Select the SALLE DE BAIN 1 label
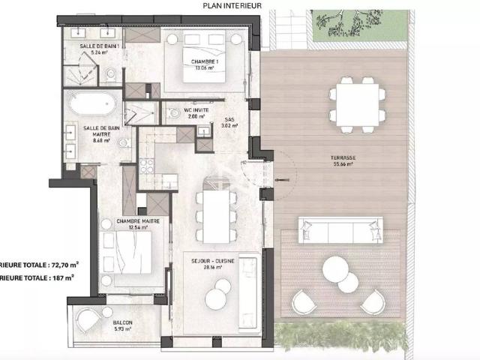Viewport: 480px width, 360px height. [99, 46]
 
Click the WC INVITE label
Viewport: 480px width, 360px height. [196, 110]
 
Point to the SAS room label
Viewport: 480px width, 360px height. [229, 118]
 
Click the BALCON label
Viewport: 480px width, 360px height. [124, 323]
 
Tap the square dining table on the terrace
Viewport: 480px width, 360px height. [356, 101]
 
